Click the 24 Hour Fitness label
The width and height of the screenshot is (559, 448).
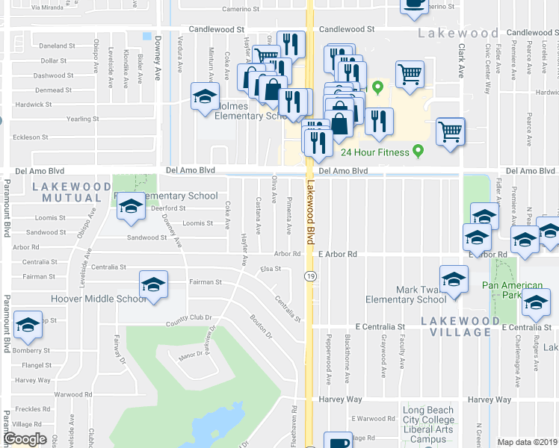click(374, 152)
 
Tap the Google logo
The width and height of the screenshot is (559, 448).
click(25, 439)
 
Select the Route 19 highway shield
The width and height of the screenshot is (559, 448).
click(308, 277)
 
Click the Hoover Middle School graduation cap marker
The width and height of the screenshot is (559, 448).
click(153, 285)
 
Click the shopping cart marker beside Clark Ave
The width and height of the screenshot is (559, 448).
click(450, 132)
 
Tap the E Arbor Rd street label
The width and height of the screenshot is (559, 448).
click(336, 255)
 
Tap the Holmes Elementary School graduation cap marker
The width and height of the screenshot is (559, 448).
click(205, 97)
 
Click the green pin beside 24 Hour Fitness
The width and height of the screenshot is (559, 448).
click(418, 152)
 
